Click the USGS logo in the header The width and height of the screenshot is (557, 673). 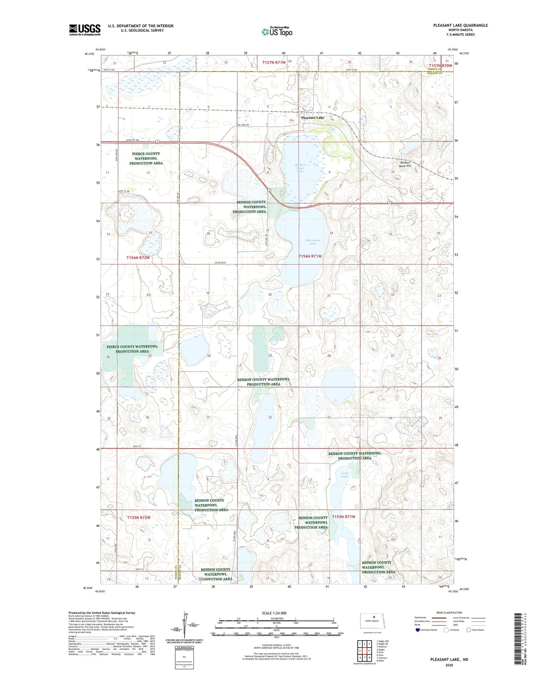coord(85,29)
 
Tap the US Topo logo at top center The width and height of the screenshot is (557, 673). coord(277,32)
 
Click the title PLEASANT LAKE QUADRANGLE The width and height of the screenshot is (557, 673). coord(460,25)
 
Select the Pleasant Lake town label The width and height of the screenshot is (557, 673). coord(312,118)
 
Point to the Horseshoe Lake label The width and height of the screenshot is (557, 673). coord(313,242)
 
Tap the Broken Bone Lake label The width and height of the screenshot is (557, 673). coord(300,168)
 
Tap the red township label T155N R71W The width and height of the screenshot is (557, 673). coord(343,517)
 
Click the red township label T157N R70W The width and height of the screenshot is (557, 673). coord(440,66)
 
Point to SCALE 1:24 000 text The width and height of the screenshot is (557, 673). coord(274,613)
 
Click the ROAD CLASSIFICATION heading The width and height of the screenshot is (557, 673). coord(449,612)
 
